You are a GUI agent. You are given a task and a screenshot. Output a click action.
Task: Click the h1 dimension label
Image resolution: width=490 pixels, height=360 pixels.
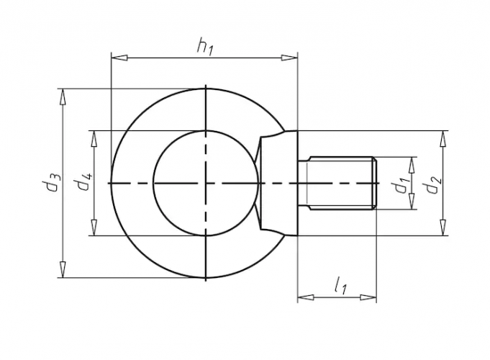click(205, 47)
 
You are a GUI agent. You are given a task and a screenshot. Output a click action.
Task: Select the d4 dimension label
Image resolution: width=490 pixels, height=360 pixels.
click(84, 182)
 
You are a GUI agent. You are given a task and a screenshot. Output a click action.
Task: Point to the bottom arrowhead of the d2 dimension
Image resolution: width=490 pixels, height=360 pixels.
click(443, 230)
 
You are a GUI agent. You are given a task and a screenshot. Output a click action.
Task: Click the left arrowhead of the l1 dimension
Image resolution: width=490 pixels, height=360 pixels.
click(303, 296)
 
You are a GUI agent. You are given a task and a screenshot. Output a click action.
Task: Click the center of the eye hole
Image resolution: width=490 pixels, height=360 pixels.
click(205, 183)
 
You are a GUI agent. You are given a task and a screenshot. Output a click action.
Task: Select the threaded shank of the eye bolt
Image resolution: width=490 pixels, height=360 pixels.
click(337, 184)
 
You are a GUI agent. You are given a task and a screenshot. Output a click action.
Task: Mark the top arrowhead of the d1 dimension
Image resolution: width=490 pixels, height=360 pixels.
click(412, 163)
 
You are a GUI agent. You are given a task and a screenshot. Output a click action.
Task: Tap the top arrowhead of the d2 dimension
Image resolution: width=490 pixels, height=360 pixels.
click(443, 136)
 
